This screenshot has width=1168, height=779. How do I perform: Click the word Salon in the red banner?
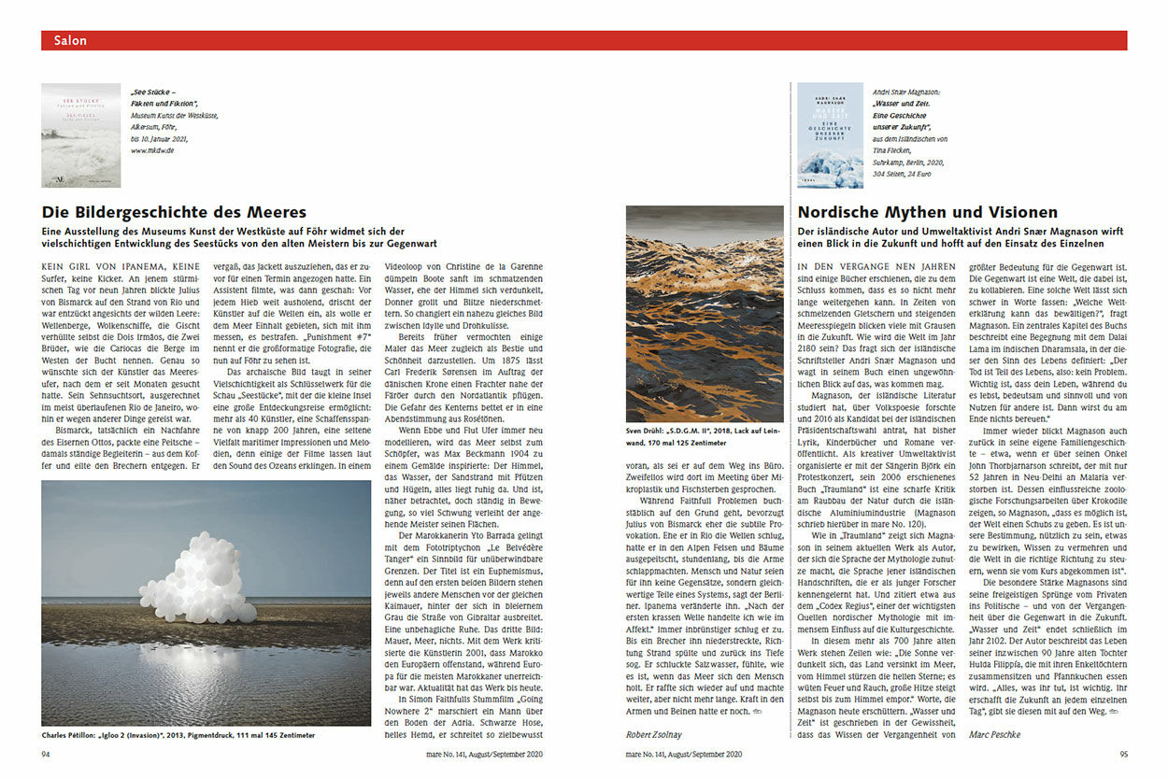[71, 40]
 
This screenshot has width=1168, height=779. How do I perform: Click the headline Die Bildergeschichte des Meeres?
[174, 212]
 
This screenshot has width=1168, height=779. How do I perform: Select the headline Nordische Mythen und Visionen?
[927, 212]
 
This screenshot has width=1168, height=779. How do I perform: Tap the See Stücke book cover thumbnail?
[80, 135]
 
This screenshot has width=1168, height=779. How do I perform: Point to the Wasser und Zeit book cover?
[830, 135]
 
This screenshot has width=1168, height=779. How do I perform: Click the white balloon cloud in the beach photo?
[197, 579]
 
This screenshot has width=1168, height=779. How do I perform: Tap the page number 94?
[47, 754]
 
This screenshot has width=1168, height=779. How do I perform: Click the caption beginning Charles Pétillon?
[178, 735]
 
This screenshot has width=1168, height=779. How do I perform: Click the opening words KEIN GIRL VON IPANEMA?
[120, 267]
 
